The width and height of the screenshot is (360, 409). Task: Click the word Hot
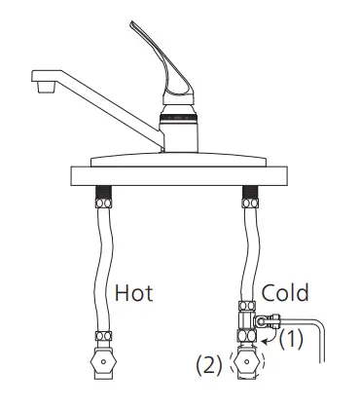(133, 293)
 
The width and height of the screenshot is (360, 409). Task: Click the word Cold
(285, 292)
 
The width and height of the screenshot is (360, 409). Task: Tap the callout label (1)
(292, 339)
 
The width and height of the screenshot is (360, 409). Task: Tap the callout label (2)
(209, 365)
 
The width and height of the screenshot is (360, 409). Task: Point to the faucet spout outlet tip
(45, 88)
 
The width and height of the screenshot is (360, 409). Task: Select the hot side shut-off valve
(103, 362)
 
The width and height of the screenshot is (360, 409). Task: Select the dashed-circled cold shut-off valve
(247, 361)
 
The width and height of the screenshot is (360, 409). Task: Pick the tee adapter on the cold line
(247, 321)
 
